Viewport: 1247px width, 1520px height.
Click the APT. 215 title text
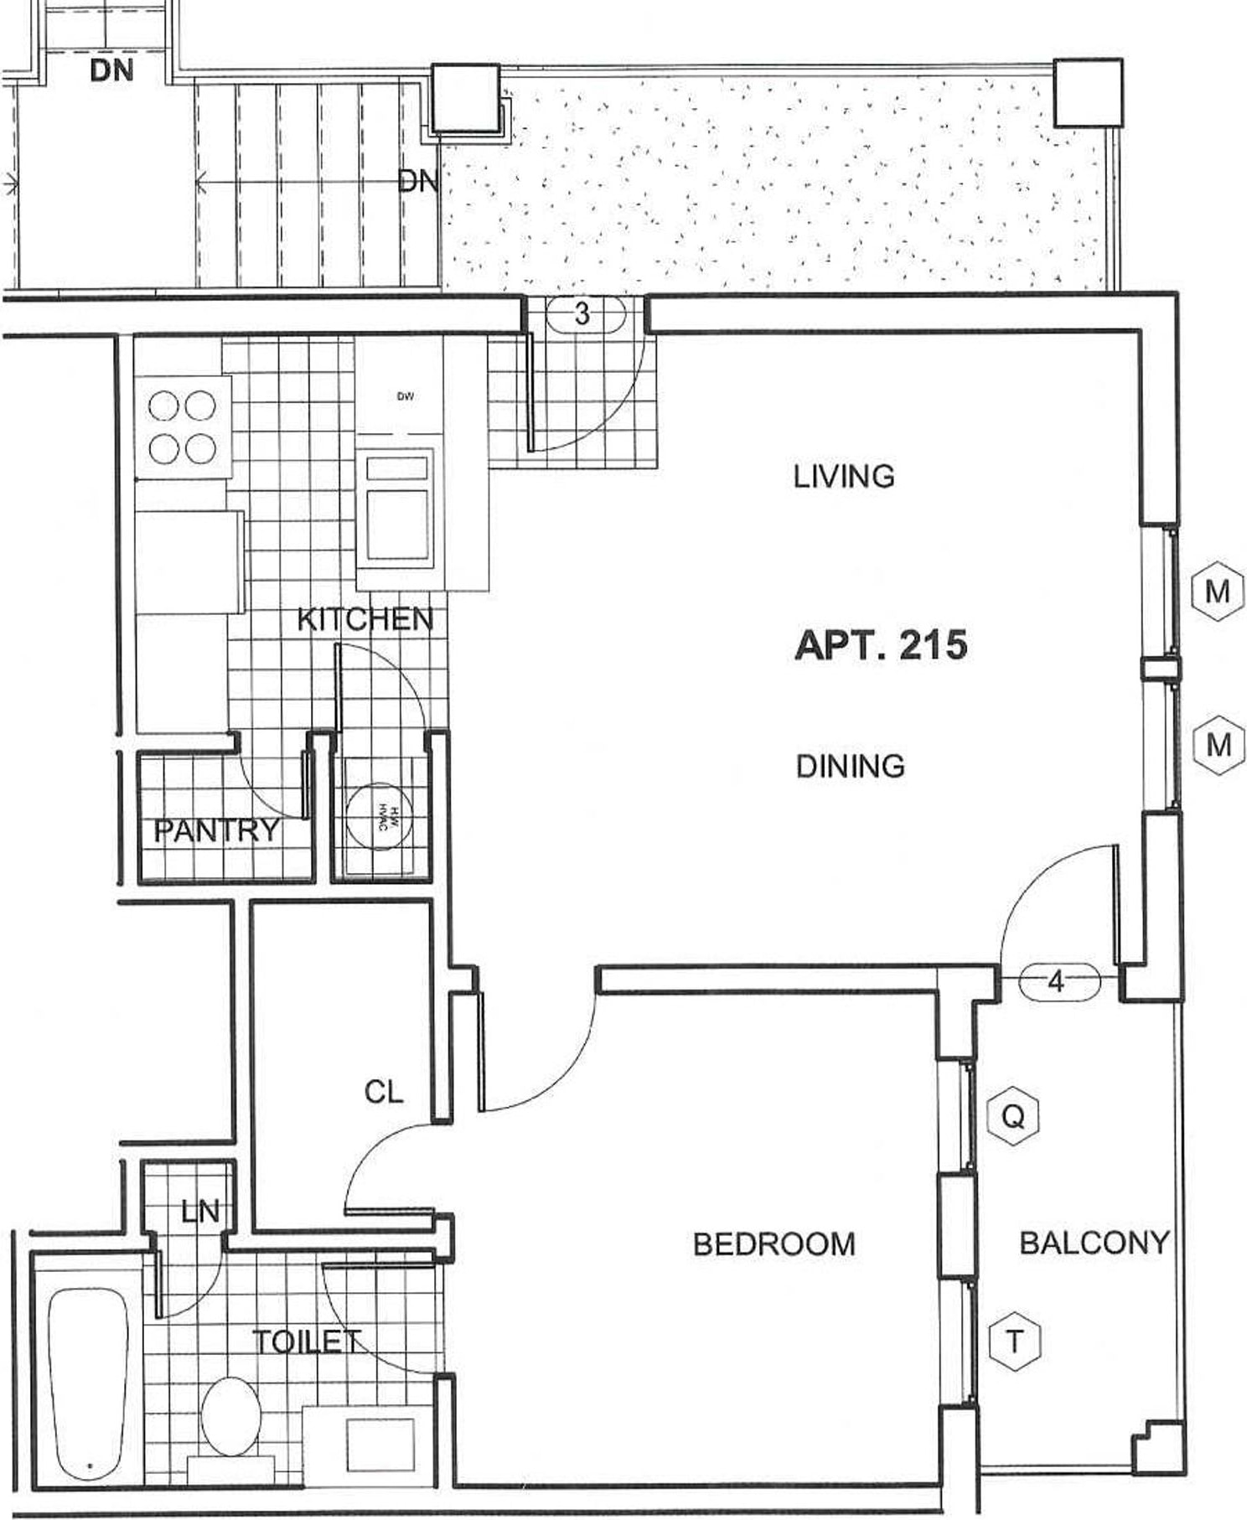pos(880,645)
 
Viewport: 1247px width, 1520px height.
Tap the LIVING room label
pos(843,477)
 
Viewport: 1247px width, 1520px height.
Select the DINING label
pos(850,766)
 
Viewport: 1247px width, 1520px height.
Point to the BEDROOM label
pos(774,1243)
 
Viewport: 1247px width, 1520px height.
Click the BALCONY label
pos(1094,1242)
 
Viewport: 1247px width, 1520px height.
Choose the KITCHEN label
pos(365,620)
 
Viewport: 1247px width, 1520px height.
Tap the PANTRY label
pos(216,830)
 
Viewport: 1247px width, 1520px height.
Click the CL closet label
pos(383,1091)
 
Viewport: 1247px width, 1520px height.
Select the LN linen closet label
pos(199,1211)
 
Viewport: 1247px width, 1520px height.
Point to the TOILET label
pos(307,1342)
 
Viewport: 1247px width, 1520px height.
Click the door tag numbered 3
pos(582,314)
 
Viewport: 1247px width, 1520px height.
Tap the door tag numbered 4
pos(1058,981)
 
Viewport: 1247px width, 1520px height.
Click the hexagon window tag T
pos(1014,1342)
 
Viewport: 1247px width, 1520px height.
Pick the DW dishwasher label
pos(406,396)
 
